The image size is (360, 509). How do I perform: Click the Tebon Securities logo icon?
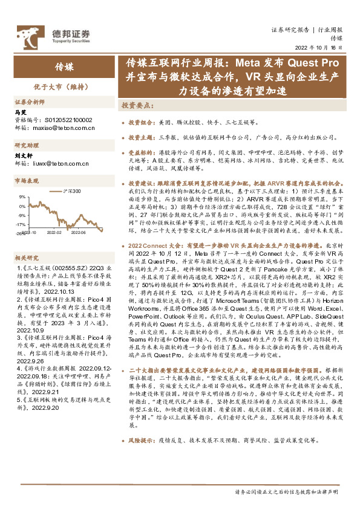(x=27, y=34)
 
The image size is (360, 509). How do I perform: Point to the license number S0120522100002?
(x=66, y=120)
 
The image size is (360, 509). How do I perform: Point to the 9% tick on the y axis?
(x=22, y=196)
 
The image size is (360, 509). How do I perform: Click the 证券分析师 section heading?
(x=28, y=102)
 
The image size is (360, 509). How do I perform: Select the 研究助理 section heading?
(x=25, y=145)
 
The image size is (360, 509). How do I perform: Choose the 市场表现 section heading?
(x=25, y=180)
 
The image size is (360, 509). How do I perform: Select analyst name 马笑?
(x=20, y=112)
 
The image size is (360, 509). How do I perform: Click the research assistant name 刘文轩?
(x=23, y=155)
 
